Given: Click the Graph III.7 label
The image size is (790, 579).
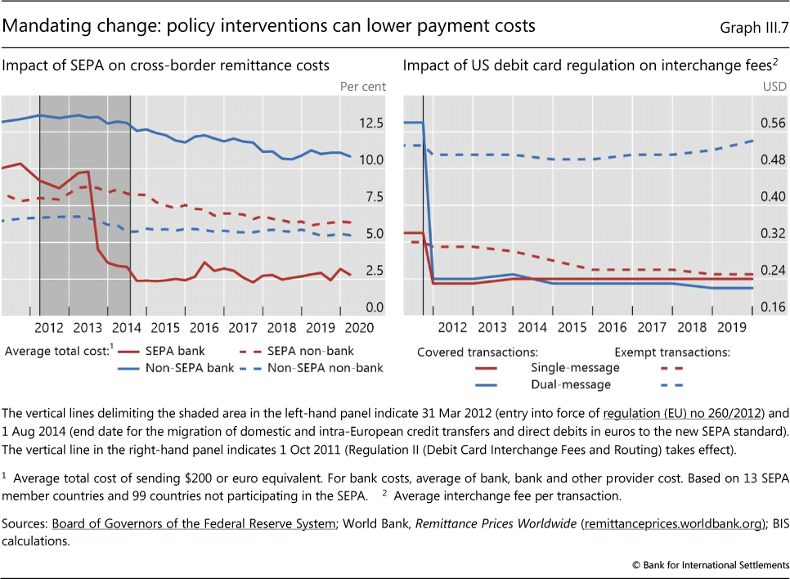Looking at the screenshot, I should click(x=753, y=28).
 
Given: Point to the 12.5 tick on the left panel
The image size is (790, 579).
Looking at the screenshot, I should click(x=370, y=123).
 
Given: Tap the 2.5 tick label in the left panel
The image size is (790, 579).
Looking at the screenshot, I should click(x=374, y=271).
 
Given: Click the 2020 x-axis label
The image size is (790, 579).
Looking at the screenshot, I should click(x=357, y=328).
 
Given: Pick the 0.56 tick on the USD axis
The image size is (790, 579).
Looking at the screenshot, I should click(x=774, y=123).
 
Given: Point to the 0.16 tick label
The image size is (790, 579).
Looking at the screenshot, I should click(x=774, y=307).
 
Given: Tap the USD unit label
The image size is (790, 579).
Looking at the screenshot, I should click(x=774, y=86).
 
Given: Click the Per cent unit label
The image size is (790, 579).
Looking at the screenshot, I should click(x=362, y=86).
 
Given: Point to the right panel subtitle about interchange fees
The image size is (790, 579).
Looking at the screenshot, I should click(x=588, y=65).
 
